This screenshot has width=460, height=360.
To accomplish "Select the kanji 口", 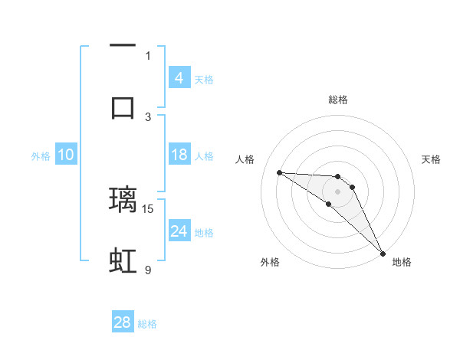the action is (x=123, y=107).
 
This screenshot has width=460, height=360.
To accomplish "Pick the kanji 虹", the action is (x=123, y=261).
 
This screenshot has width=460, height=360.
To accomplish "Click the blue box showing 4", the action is (x=179, y=78).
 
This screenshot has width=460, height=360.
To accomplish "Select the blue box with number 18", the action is (x=179, y=155).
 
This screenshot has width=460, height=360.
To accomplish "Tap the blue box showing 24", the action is (x=179, y=231).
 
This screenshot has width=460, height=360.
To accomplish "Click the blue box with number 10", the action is (x=66, y=155).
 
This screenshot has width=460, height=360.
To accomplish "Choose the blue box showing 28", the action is (x=123, y=322).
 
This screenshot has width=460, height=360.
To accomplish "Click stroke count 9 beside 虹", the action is (x=148, y=270).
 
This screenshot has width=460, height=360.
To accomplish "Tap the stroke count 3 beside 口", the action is (x=148, y=116).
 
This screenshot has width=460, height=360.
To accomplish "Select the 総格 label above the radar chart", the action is (x=337, y=100).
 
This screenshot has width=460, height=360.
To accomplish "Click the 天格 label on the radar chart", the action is (x=431, y=159).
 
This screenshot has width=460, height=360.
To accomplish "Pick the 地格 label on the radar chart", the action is (x=402, y=262).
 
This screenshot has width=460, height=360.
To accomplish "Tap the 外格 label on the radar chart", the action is (x=270, y=262).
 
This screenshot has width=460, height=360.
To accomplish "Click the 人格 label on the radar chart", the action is (x=245, y=159).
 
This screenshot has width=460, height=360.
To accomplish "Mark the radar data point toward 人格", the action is (x=279, y=172).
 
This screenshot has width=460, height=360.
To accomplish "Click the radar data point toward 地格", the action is (x=383, y=254).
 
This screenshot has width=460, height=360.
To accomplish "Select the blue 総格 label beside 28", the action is (x=147, y=324).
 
